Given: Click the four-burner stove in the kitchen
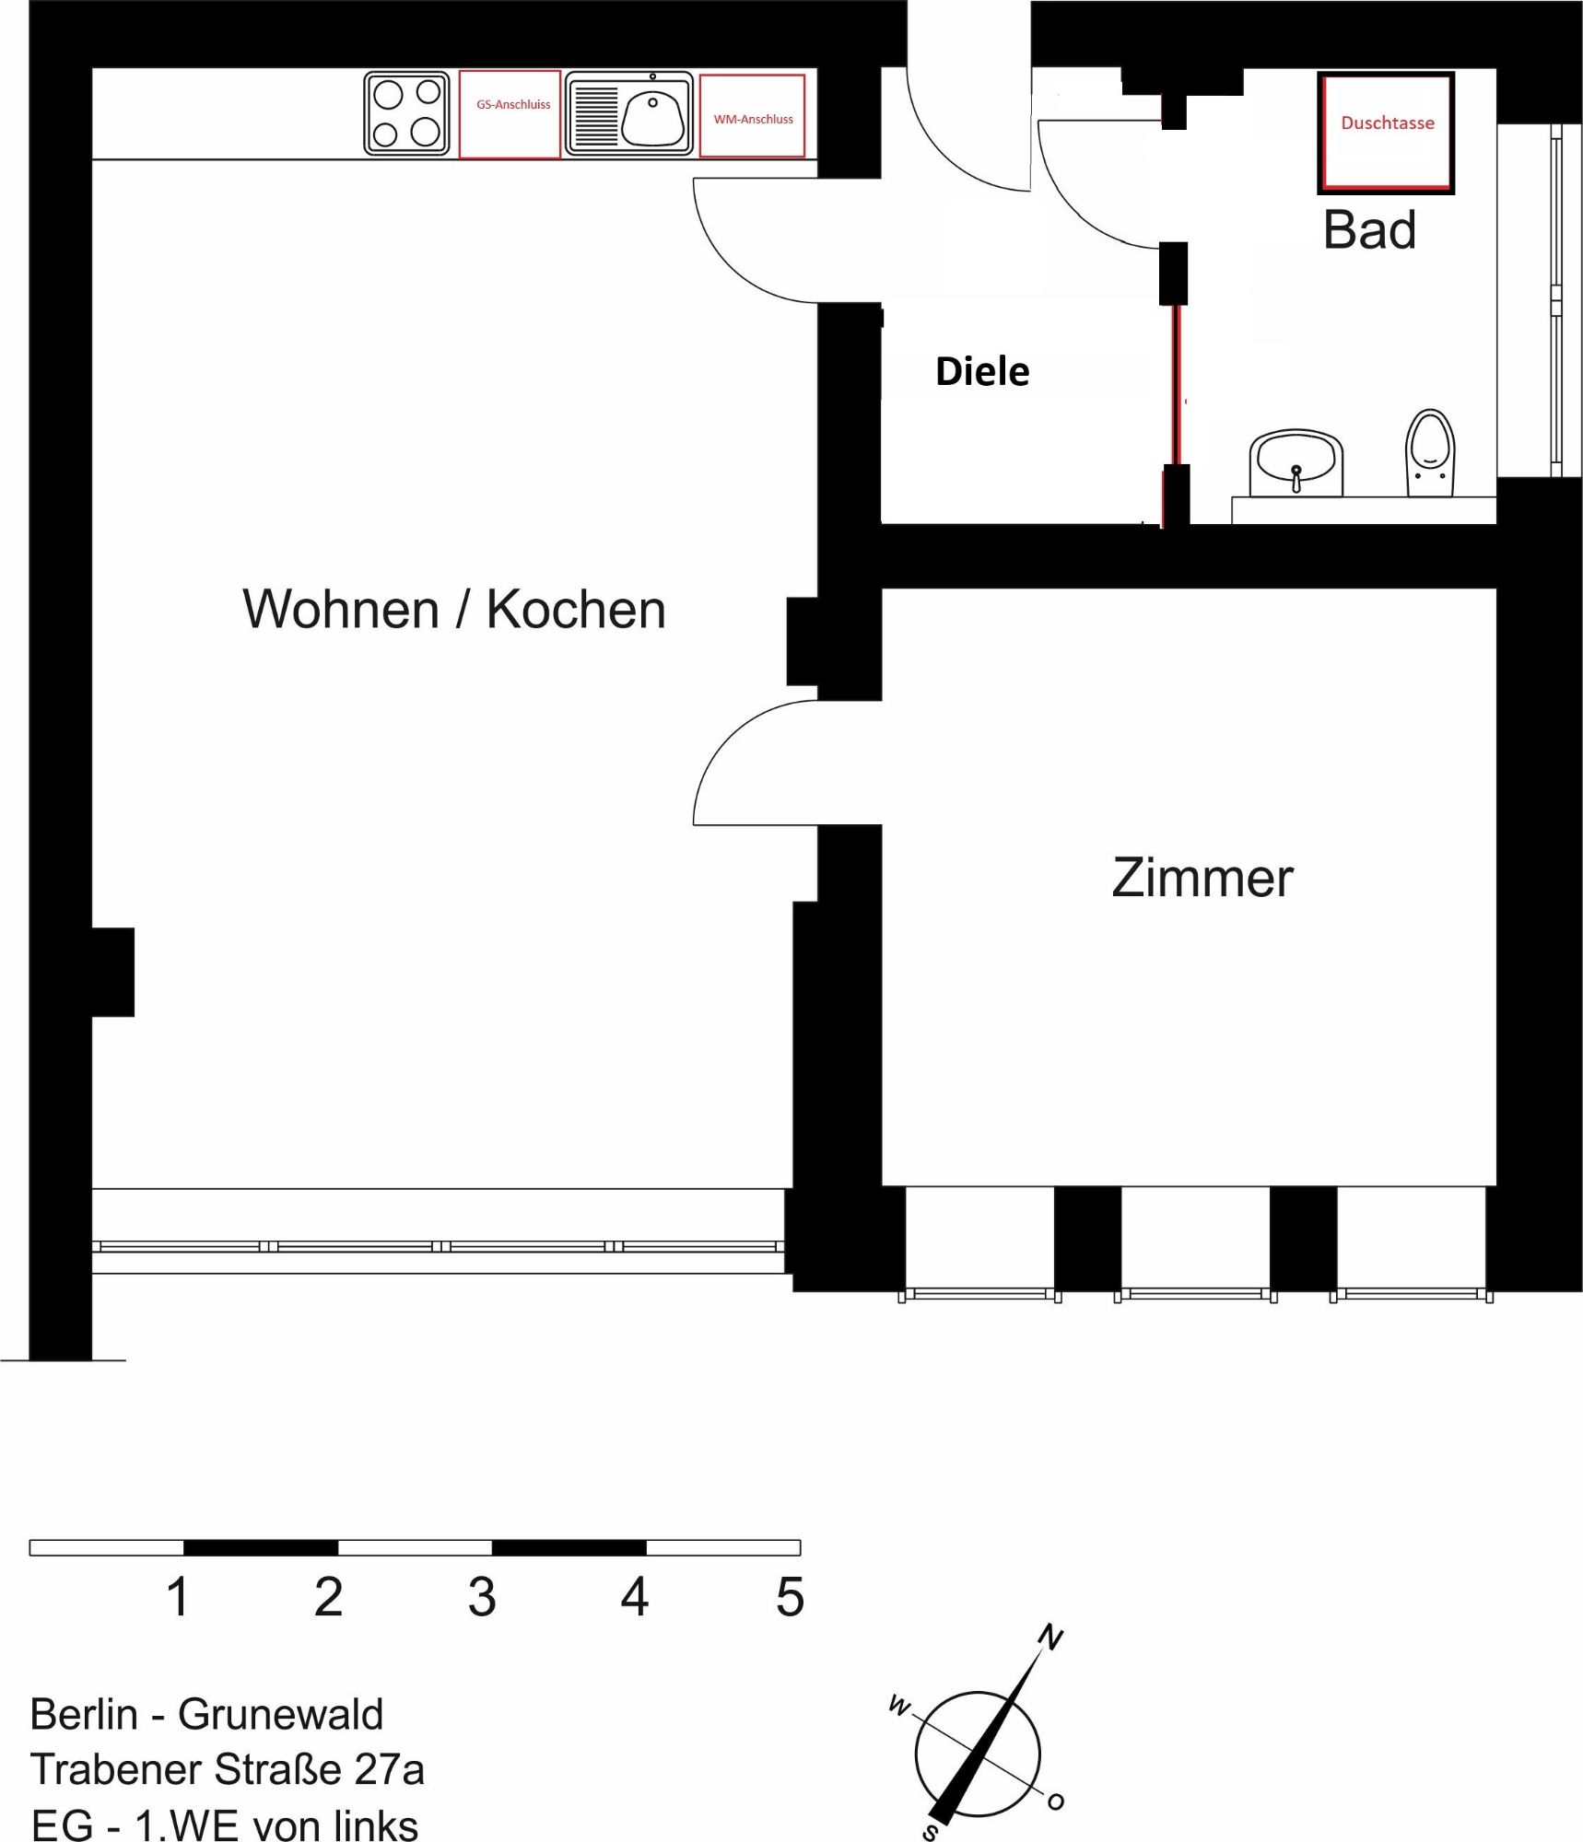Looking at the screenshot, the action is (x=406, y=113).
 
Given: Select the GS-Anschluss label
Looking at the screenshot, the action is (x=513, y=105).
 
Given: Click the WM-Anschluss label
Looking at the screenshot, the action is (x=753, y=120).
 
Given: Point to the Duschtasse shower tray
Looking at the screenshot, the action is (x=1386, y=133).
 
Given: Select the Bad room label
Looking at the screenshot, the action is (x=1369, y=230).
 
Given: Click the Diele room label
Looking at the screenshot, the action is (x=982, y=371).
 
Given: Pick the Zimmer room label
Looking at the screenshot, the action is (x=1202, y=878).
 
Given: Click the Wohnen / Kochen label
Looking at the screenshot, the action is (x=454, y=609).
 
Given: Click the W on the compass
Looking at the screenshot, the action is (x=899, y=1707).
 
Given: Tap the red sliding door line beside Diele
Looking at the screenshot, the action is (x=1176, y=384).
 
